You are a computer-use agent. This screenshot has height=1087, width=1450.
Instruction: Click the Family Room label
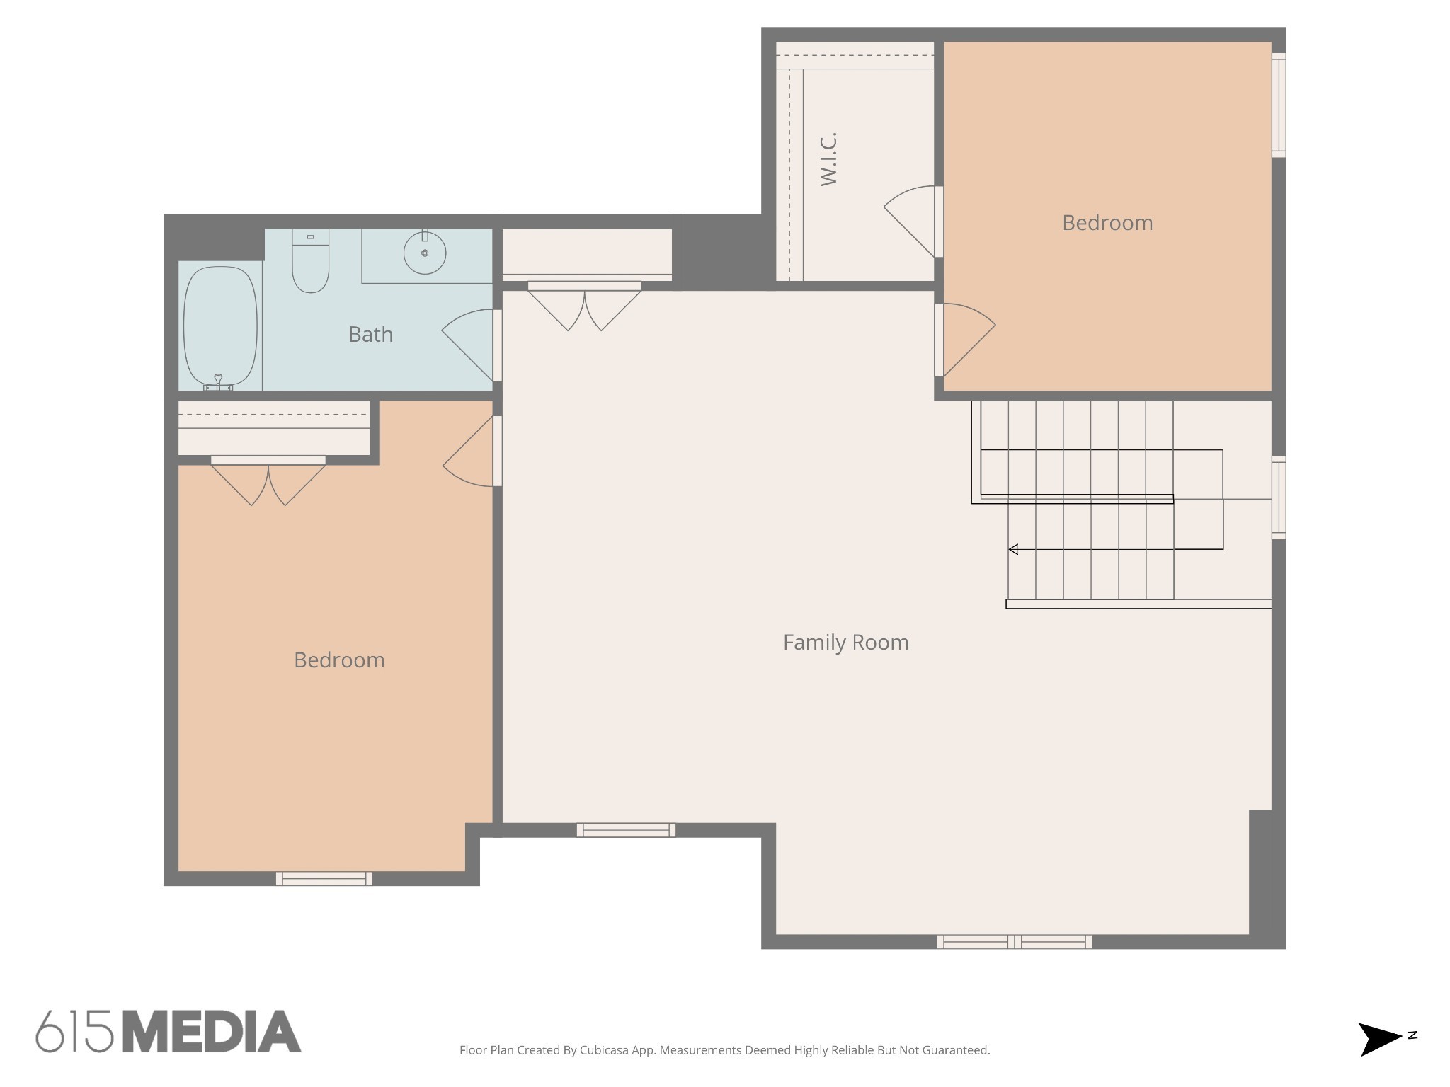click(845, 642)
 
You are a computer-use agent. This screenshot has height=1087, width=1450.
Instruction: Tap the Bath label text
click(370, 334)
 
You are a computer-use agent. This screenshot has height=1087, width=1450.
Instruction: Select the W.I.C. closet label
click(828, 159)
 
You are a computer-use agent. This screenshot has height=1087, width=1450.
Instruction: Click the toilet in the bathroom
click(310, 260)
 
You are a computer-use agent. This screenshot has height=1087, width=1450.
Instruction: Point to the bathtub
click(220, 328)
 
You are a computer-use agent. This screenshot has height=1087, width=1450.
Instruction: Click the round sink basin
click(425, 253)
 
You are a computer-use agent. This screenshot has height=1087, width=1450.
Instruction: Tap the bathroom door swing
click(468, 345)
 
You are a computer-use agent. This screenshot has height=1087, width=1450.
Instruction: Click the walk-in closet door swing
click(910, 221)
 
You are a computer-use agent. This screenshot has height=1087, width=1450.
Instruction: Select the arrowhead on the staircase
click(1013, 549)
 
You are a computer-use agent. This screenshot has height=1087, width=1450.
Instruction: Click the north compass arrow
click(1379, 1039)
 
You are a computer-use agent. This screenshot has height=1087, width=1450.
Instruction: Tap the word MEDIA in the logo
click(212, 1032)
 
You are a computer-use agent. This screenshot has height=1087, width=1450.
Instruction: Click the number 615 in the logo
click(74, 1032)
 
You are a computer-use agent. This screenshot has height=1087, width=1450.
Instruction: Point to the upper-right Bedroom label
click(1107, 223)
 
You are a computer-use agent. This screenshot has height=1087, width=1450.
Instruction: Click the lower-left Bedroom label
click(339, 660)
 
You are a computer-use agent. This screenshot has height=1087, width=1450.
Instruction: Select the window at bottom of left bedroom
click(324, 878)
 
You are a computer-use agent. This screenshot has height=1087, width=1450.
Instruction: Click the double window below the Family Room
click(1014, 941)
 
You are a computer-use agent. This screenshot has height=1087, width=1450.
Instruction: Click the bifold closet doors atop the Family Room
click(584, 306)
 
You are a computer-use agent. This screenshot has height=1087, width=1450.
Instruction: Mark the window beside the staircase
click(1279, 498)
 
